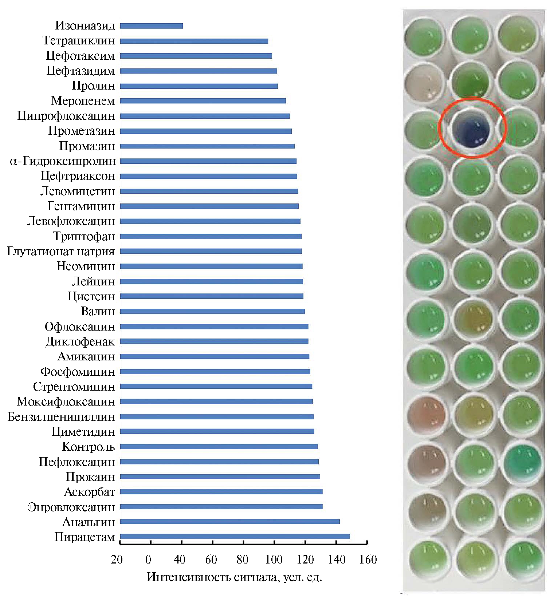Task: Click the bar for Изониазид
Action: click(x=152, y=26)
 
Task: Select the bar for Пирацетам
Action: click(x=235, y=536)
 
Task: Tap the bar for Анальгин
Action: click(x=230, y=522)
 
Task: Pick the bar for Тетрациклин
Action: click(x=194, y=41)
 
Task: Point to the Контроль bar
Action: click(x=219, y=447)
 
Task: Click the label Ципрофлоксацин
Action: click(x=66, y=116)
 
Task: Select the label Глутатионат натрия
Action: click(x=61, y=252)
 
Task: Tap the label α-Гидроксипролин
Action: click(x=63, y=161)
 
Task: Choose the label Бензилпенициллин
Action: click(x=61, y=417)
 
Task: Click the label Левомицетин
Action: click(x=78, y=191)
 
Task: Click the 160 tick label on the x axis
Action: click(x=368, y=560)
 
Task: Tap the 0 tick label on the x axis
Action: click(x=148, y=560)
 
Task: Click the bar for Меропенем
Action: click(x=203, y=101)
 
